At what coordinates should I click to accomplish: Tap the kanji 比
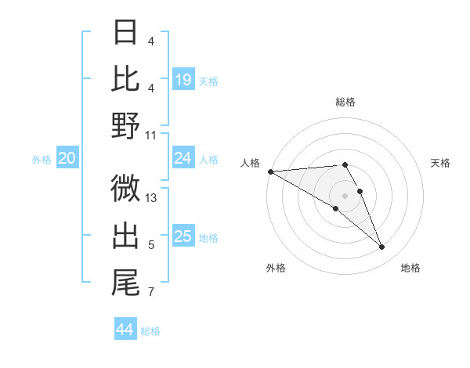(x=125, y=78)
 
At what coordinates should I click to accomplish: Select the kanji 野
(x=125, y=125)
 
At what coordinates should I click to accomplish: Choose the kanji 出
(x=125, y=235)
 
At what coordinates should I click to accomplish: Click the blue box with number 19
(x=183, y=79)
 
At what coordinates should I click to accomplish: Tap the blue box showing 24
(x=183, y=158)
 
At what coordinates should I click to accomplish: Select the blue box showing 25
(x=183, y=236)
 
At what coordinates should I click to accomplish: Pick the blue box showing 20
(x=67, y=158)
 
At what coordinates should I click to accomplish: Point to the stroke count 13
(x=152, y=198)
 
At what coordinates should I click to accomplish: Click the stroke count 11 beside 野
(x=152, y=135)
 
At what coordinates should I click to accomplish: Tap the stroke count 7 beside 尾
(x=152, y=293)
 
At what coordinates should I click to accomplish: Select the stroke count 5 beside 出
(x=152, y=245)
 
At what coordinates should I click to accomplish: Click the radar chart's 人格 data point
(x=270, y=171)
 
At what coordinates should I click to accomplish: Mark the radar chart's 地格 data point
(x=382, y=247)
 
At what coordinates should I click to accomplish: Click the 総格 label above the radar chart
(x=345, y=102)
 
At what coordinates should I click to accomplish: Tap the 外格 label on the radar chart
(x=276, y=268)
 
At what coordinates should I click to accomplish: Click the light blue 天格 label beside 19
(x=208, y=81)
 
